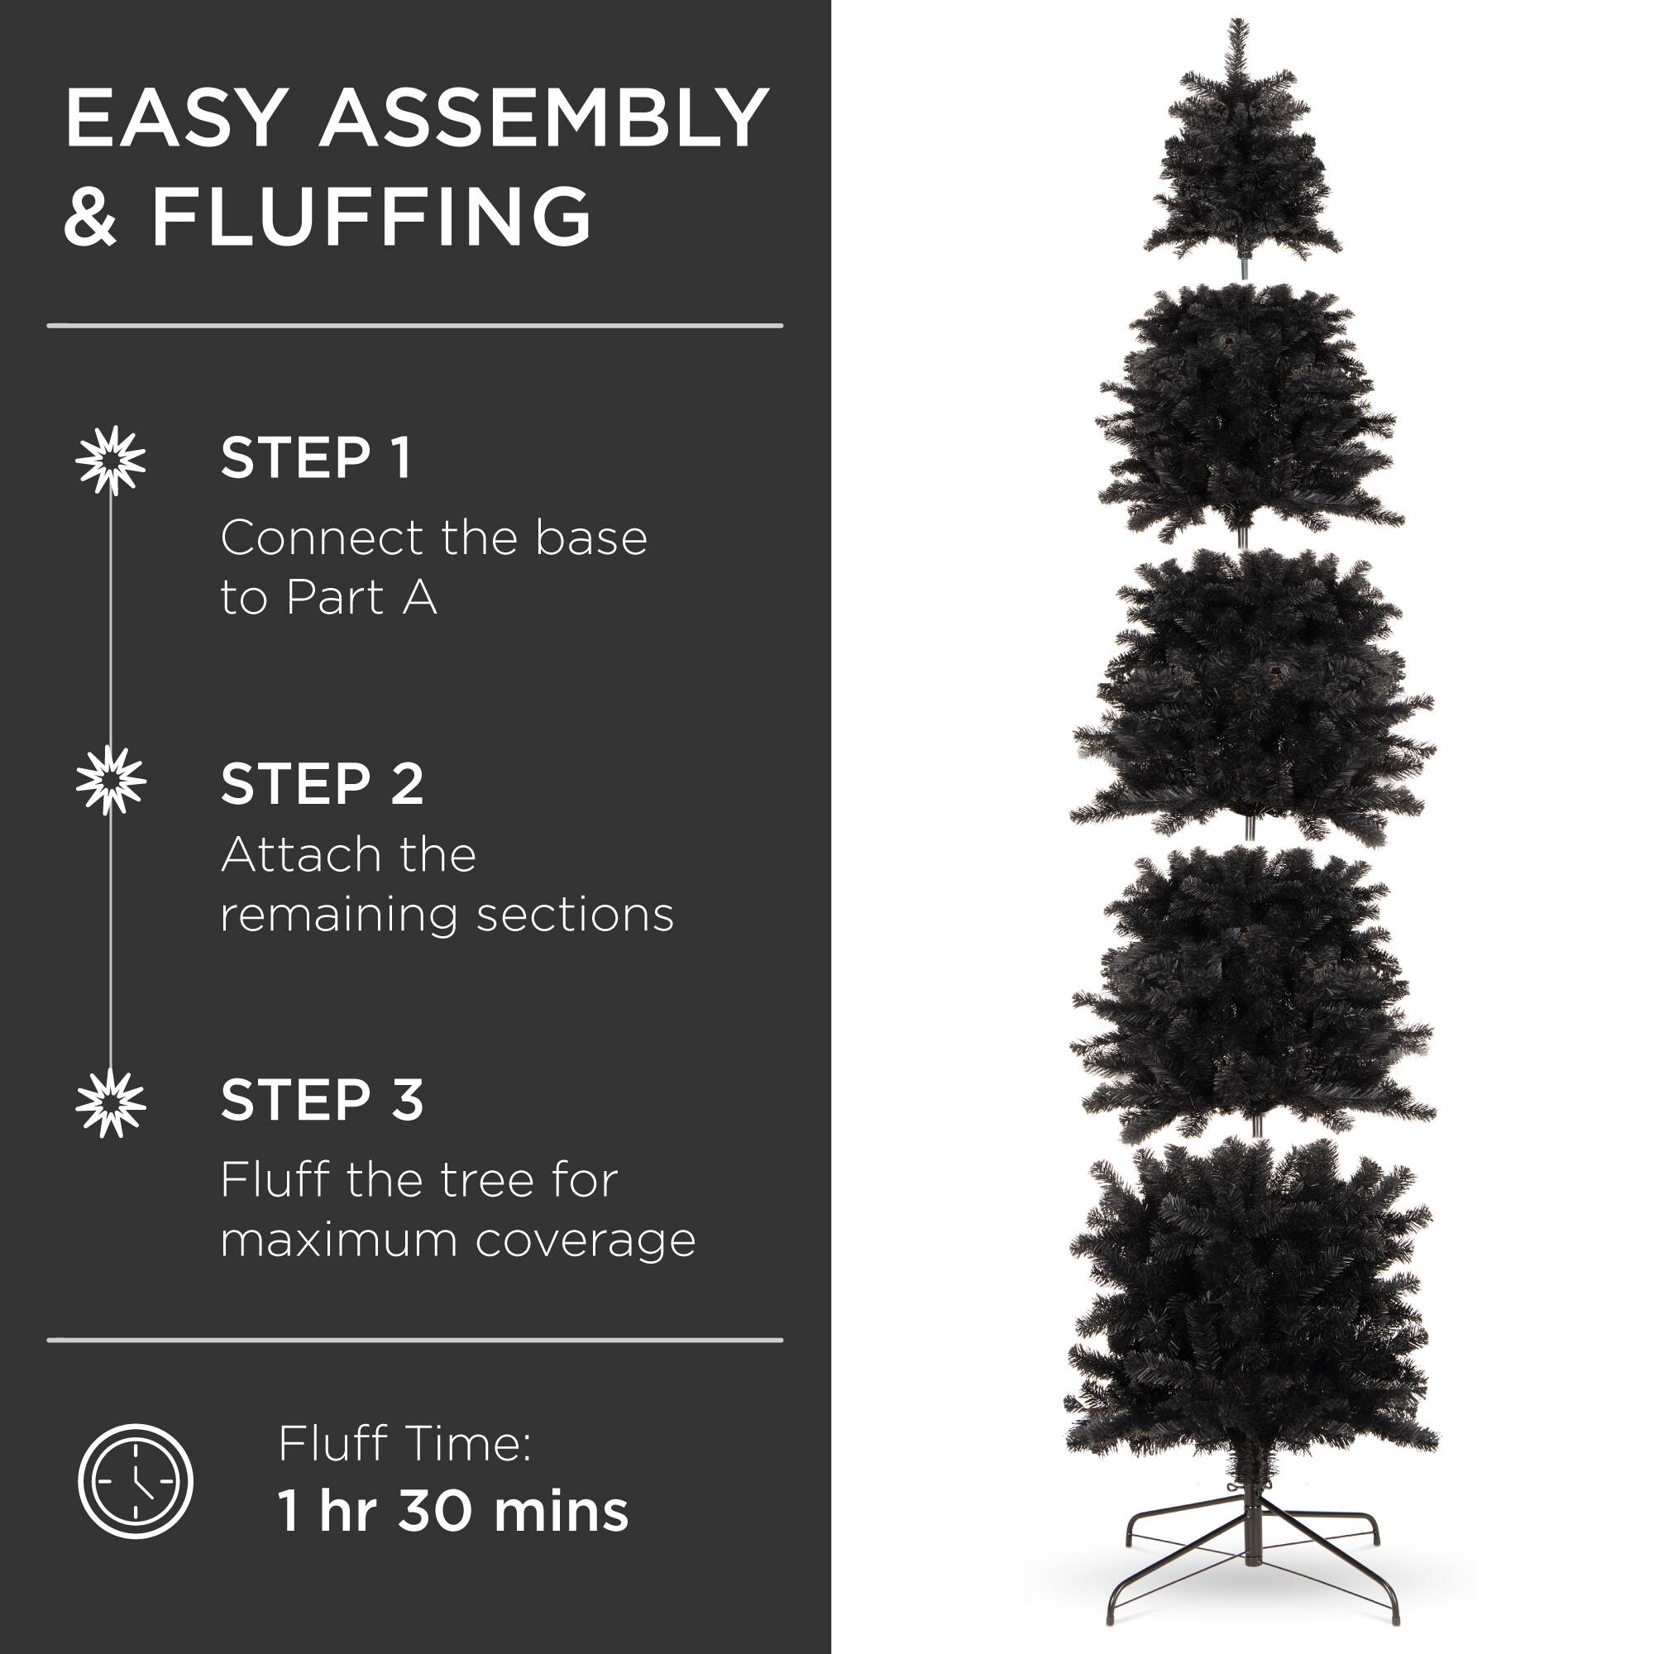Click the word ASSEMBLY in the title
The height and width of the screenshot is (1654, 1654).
[x=543, y=117]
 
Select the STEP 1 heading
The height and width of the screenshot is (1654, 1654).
[x=316, y=458]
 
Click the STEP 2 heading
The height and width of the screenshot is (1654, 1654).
[x=322, y=783]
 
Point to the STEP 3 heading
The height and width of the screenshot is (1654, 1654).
[x=322, y=1100]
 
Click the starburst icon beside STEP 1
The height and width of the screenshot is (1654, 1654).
[x=111, y=460]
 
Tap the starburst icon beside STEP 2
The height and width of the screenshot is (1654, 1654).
[x=111, y=780]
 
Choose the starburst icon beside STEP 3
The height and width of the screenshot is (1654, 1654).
[x=111, y=1103]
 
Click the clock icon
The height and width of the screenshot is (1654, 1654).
[x=136, y=1480]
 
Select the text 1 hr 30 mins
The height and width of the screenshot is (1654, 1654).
[x=453, y=1511]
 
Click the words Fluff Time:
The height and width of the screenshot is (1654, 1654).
[x=405, y=1443]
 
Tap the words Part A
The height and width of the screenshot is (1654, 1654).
[x=361, y=597]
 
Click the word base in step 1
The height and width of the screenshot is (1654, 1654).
[x=590, y=538]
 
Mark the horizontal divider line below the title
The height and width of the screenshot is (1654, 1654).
[x=415, y=326]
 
